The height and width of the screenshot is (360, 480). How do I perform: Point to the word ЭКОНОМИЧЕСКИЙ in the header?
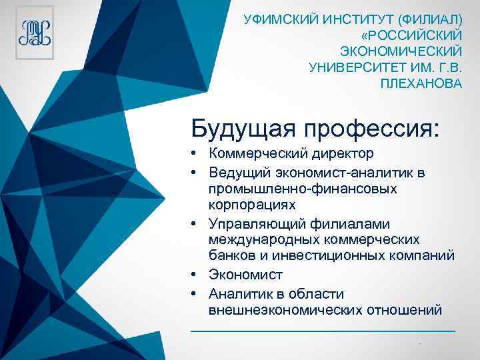click(x=401, y=51)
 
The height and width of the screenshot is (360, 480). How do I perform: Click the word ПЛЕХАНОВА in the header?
click(x=421, y=84)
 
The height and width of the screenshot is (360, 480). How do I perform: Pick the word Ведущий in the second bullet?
click(x=236, y=173)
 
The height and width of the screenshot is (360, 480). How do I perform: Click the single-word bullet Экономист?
click(x=245, y=275)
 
